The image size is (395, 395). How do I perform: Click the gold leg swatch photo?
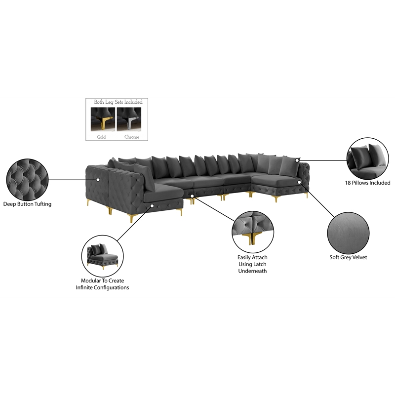tap(103, 119)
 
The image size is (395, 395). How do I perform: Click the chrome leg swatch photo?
tap(129, 119)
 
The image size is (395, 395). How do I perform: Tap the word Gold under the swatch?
tap(101, 137)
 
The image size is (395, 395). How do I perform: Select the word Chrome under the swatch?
tap(132, 137)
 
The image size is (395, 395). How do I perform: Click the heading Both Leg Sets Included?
tap(118, 102)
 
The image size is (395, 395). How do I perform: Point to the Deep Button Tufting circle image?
tap(27, 179)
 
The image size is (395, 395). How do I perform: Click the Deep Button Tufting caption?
tap(27, 204)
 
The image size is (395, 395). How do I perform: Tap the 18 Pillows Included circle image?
tap(367, 158)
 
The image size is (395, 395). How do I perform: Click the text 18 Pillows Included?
tap(367, 183)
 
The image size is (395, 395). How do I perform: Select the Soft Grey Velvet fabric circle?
tap(348, 233)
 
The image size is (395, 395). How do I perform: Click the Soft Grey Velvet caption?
tap(348, 257)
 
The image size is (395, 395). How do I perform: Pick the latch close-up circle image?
tap(253, 232)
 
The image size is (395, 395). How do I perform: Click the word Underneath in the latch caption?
tap(252, 271)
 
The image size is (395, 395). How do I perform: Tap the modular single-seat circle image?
tap(103, 256)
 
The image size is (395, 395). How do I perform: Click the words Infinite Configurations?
tap(102, 287)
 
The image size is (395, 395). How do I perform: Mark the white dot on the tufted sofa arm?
tap(98, 180)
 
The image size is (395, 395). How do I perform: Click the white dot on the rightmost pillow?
tap(297, 160)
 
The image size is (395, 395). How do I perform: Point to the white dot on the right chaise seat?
tap(299, 182)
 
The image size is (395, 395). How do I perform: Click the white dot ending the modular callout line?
tap(152, 206)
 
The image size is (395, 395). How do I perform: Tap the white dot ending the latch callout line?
tap(192, 196)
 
